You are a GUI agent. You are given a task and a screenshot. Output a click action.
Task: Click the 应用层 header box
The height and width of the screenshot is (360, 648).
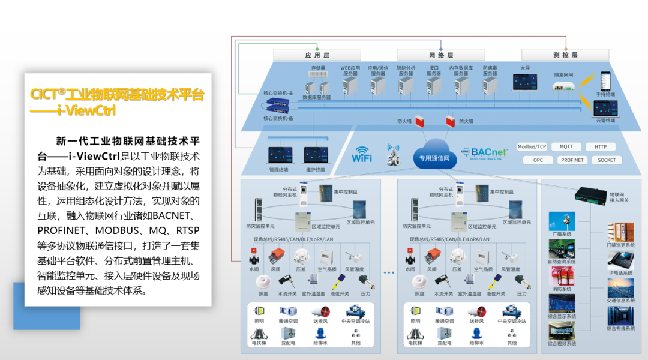tap(316, 55)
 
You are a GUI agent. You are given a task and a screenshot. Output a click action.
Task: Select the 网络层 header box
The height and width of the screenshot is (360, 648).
tap(441, 55)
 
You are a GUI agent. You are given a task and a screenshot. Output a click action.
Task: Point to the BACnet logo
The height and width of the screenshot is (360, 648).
tap(484, 152)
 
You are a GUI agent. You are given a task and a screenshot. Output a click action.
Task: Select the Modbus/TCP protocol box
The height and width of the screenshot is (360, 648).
tap(532, 147)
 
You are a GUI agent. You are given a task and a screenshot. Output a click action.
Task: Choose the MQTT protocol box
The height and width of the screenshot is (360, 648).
tap(566, 147)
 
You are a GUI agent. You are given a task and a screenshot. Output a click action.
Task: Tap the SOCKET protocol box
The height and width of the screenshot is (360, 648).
tap(606, 160)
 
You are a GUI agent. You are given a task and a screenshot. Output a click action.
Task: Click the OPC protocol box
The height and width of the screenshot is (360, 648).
tap(538, 160)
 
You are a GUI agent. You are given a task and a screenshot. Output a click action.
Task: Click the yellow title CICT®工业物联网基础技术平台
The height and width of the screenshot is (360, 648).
tap(117, 95)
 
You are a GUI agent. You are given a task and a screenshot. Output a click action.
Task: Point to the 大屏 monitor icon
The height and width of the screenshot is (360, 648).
tap(525, 82)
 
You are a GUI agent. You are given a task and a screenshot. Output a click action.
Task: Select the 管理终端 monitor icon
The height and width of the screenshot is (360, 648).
tap(278, 155)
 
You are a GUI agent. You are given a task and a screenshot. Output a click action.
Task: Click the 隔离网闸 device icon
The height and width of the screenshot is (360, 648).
tap(563, 86)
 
